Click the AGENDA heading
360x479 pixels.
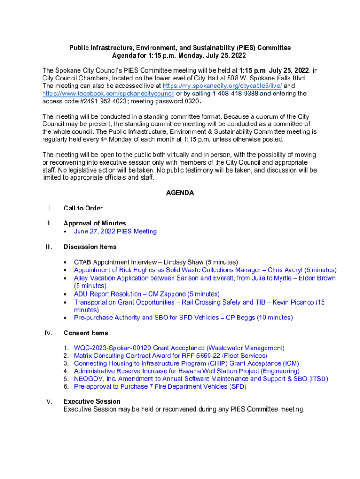[180, 193]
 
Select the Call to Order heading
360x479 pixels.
[83, 208]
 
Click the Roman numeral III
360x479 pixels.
[49, 247]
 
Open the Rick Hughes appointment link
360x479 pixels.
[205, 270]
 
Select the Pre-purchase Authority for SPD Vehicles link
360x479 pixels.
[183, 318]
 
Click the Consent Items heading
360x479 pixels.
[86, 333]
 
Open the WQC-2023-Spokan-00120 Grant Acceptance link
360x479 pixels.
[179, 348]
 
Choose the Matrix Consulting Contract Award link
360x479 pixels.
[171, 356]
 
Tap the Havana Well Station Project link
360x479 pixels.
[187, 371]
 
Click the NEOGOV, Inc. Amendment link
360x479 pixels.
[201, 379]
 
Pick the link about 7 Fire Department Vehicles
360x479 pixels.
[160, 386]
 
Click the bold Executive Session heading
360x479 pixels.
[92, 401]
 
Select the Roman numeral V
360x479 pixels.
[50, 401]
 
